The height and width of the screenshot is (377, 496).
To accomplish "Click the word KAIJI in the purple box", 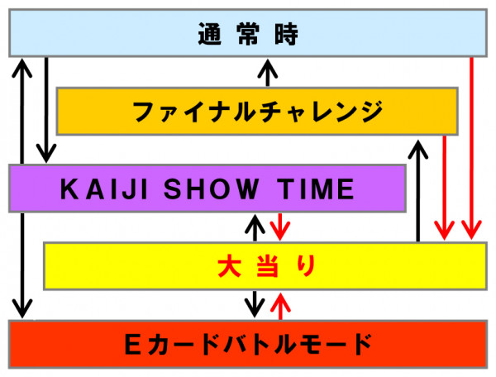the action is (104, 188).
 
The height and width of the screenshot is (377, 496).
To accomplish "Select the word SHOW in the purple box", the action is (211, 188).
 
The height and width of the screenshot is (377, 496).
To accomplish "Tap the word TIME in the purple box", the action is (316, 188).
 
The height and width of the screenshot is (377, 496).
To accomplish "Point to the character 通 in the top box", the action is (209, 34).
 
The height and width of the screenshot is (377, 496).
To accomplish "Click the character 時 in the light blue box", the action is (286, 34).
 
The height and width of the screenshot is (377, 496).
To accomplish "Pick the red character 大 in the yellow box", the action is (230, 266).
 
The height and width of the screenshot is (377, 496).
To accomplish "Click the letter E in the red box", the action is (132, 345).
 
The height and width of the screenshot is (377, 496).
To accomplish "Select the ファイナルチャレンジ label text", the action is (258, 112).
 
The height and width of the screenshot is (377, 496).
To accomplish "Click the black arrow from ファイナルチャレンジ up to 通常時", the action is (268, 73).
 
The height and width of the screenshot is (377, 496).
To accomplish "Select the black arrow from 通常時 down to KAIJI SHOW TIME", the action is (46, 110).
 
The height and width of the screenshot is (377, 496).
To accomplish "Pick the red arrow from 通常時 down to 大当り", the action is (471, 148).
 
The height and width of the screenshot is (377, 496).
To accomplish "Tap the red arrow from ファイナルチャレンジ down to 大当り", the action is (445, 188).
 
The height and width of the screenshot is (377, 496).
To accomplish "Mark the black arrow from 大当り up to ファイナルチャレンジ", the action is (417, 191).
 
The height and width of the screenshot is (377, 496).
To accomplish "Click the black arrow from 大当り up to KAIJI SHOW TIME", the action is (255, 227).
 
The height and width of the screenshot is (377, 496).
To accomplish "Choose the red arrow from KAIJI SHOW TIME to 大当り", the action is (280, 227).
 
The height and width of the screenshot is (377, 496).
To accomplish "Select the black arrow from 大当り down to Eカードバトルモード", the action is (255, 303).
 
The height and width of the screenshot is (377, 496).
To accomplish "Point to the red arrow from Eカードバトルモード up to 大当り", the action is (280, 307).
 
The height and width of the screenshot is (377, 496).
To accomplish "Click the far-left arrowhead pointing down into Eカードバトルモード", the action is (21, 308).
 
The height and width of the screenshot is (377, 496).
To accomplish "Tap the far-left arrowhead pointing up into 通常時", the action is (21, 67).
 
